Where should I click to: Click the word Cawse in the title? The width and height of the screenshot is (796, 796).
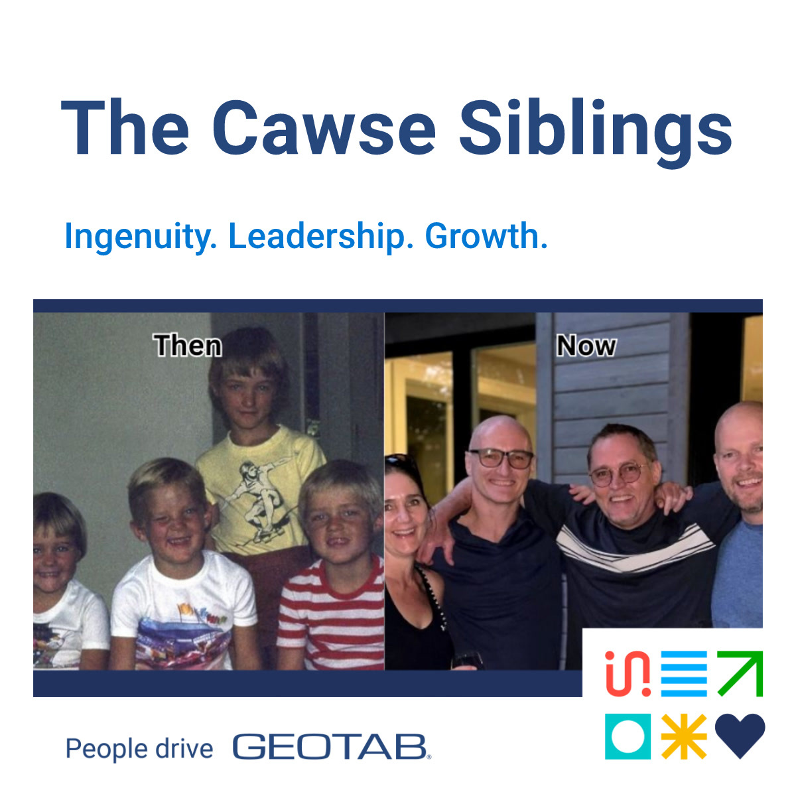tap(324, 128)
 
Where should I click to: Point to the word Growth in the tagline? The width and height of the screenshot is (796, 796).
tap(486, 237)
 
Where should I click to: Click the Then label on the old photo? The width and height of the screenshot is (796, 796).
tap(188, 346)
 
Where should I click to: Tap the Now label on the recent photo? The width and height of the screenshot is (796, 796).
tap(586, 346)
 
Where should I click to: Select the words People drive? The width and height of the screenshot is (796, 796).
tap(139, 749)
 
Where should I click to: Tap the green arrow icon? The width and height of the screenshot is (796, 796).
tap(740, 674)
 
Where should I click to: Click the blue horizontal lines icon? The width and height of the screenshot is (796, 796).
tap(684, 674)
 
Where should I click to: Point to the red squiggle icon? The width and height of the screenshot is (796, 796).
tap(628, 674)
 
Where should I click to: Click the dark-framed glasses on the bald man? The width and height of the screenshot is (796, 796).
tap(501, 458)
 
